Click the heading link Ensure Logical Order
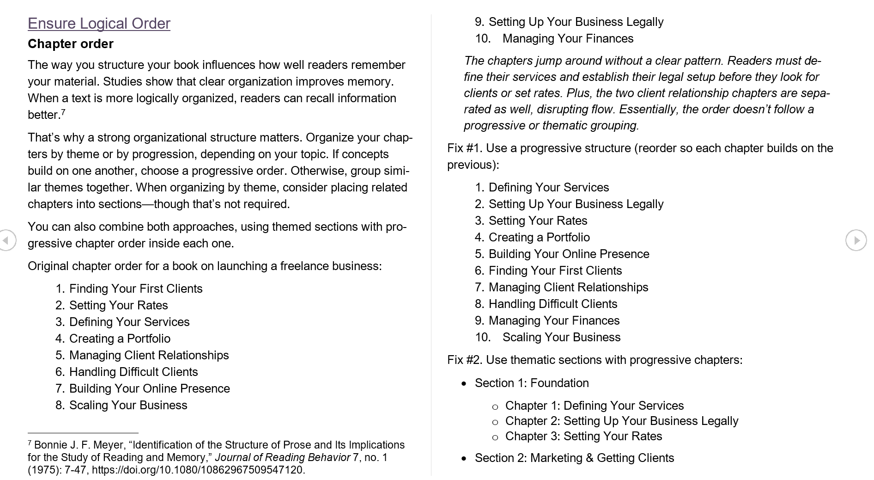(99, 24)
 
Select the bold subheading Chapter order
(70, 44)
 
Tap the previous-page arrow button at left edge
(6, 240)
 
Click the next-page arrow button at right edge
(856, 240)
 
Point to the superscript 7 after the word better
(63, 112)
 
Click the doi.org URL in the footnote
(198, 470)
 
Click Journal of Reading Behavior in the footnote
(282, 457)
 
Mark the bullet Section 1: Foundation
(531, 383)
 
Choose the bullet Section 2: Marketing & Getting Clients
(574, 458)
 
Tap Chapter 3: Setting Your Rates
(583, 436)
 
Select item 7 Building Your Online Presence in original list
(149, 388)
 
